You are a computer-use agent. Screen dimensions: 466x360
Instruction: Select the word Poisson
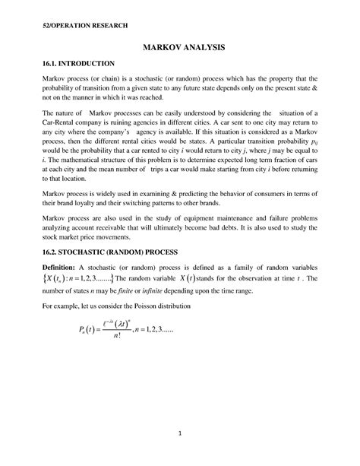point(189,305)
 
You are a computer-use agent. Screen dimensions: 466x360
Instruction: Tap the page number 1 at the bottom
point(179,434)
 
